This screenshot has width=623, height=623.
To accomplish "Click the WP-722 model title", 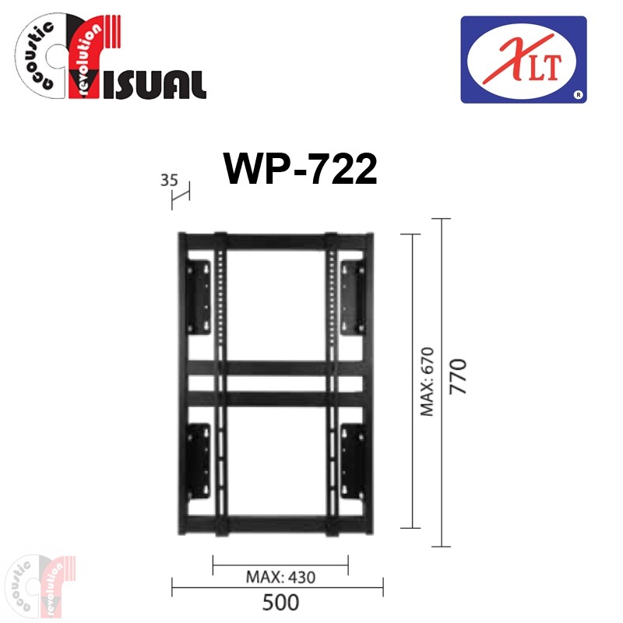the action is point(301,169).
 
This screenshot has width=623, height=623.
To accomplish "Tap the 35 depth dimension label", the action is point(169,181).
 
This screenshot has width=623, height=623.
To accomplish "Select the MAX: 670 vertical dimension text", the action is point(428,382).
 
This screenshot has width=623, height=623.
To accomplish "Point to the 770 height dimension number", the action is point(458,377).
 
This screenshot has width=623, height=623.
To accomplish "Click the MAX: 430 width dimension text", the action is point(280,577).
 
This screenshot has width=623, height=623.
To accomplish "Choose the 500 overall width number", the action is point(280,602).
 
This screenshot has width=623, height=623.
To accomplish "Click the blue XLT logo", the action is point(523,60).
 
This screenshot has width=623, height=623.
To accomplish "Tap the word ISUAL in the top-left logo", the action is point(153,85).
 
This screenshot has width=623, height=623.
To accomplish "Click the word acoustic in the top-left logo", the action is point(37,55).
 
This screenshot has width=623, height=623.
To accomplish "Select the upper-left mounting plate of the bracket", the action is point(199,297).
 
